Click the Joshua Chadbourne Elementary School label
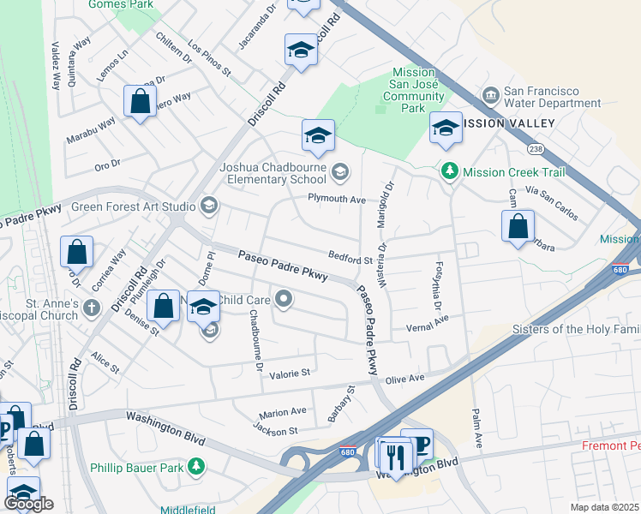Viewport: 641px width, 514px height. point(273,173)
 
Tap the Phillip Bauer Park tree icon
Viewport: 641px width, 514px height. point(197,467)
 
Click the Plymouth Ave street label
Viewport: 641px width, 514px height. point(337,200)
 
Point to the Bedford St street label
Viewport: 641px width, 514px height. point(350,258)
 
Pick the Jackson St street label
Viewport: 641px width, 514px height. point(276,430)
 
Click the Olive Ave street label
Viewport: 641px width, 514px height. point(404,378)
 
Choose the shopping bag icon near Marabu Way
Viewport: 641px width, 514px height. point(139,102)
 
